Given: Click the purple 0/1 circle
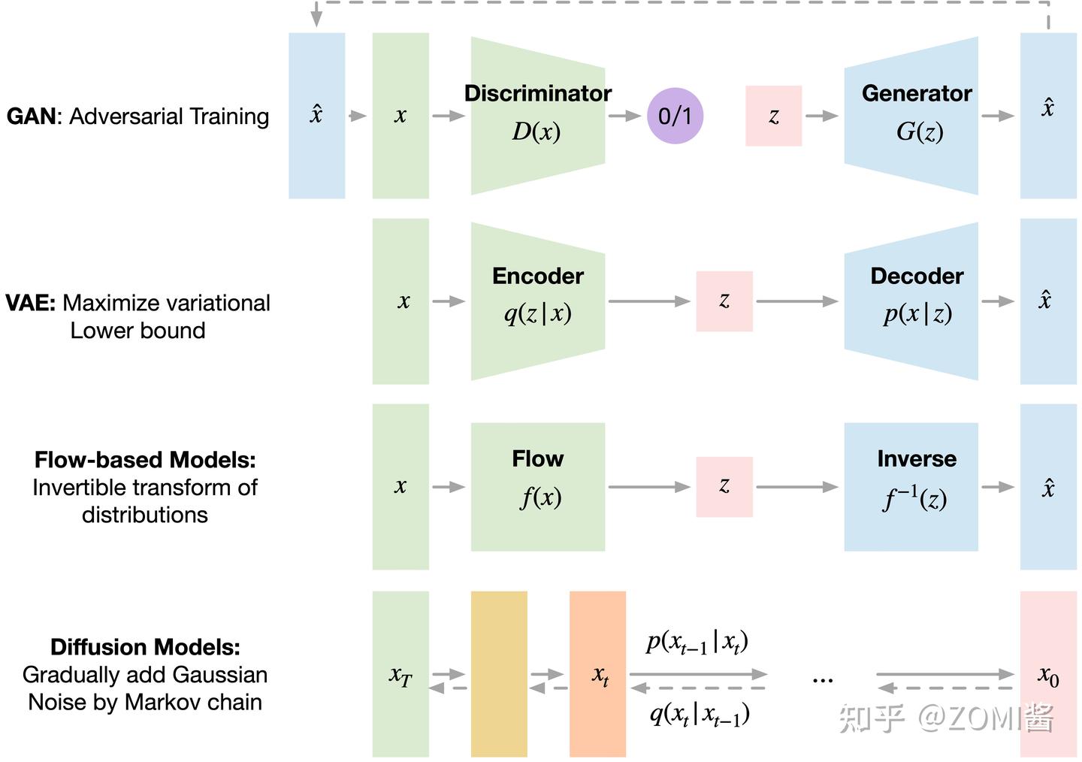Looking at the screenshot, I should click(x=675, y=116).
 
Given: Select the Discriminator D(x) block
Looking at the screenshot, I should click(x=537, y=115).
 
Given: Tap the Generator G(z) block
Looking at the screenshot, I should click(x=911, y=115).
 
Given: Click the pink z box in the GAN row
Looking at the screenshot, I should click(x=773, y=116).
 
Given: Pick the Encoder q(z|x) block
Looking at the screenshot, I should click(x=537, y=301).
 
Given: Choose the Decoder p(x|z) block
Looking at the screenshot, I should click(x=911, y=301).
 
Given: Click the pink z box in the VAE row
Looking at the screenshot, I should click(x=724, y=301).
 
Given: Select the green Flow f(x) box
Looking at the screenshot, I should click(x=537, y=486).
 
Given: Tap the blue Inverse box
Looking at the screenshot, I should click(x=911, y=486).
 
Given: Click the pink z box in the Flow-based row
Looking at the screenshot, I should click(x=724, y=486).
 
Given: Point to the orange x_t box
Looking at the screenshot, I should click(x=597, y=673).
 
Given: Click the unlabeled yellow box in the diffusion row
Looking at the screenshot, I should click(x=499, y=673).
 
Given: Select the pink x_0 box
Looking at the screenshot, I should click(x=1048, y=673).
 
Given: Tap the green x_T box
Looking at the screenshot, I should click(x=400, y=673).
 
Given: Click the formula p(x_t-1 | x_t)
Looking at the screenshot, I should click(x=697, y=643).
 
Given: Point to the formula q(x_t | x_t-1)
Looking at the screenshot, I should click(x=699, y=714).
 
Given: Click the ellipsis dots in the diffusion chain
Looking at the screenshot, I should click(x=823, y=680).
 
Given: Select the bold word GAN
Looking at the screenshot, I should click(x=32, y=116).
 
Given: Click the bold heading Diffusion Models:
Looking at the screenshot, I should click(x=145, y=647).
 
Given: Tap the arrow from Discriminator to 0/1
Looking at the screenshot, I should click(x=624, y=116).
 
